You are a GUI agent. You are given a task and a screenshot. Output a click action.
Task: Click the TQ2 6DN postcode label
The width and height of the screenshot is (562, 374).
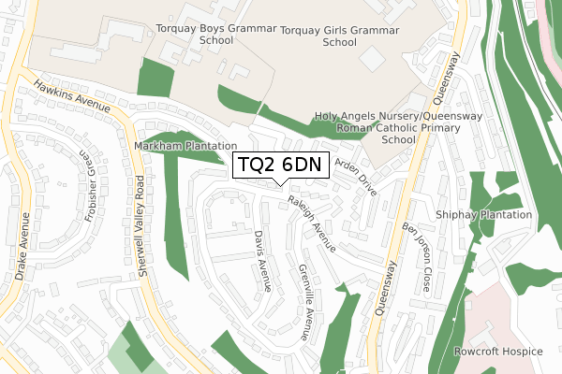tap(279, 165)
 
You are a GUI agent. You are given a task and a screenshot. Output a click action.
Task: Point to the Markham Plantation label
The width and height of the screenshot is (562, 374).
tap(185, 147)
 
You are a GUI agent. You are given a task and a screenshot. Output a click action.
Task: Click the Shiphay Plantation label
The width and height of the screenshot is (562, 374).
tap(483, 215)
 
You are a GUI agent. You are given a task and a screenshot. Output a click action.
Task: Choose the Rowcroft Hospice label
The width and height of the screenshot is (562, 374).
tap(497, 352)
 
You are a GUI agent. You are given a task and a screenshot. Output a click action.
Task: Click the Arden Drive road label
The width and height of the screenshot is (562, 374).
tap(356, 175)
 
